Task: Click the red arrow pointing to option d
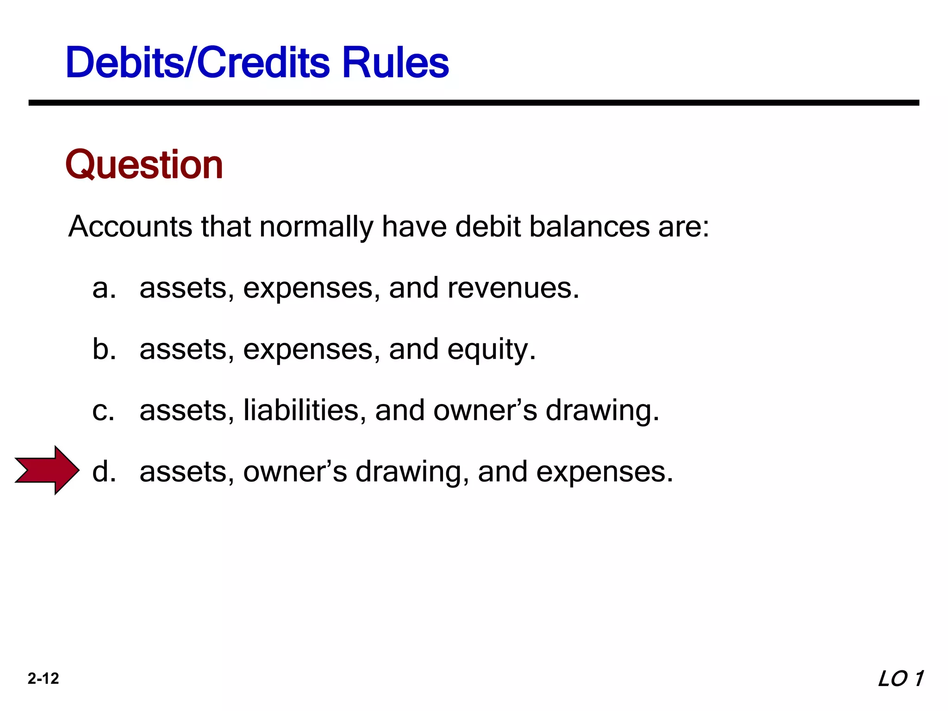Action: (46, 470)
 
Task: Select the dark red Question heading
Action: (144, 165)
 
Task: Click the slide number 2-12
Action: (43, 679)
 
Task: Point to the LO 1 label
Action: (900, 679)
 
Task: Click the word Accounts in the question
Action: (130, 227)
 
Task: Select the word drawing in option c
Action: (602, 411)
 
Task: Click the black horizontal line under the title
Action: (474, 103)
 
